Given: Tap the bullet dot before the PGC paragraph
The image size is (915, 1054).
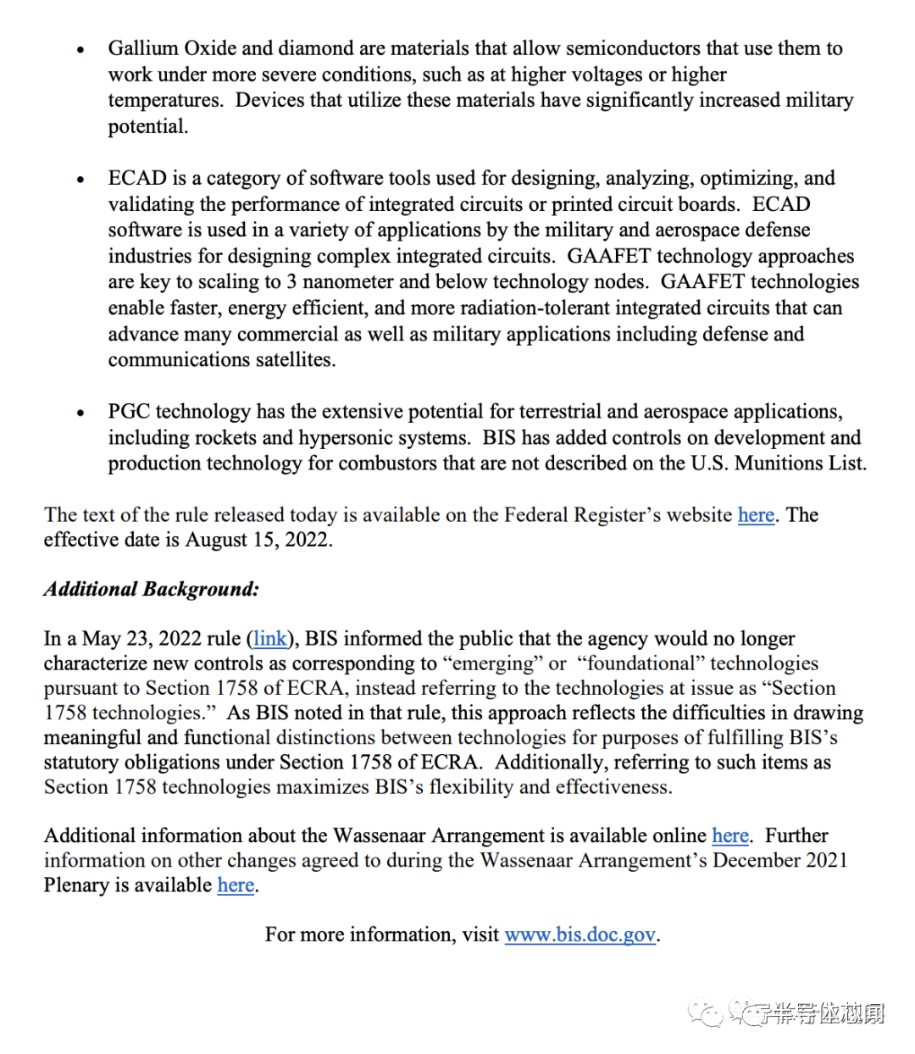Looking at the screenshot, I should (x=80, y=413).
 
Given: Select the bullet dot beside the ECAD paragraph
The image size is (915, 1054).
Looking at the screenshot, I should (x=80, y=180).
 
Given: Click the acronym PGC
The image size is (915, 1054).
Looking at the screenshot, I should (x=129, y=412).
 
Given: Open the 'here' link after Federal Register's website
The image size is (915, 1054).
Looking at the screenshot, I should (x=756, y=515).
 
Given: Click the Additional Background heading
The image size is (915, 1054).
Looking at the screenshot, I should (x=152, y=589).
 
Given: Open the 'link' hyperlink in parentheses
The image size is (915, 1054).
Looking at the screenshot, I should (x=270, y=638).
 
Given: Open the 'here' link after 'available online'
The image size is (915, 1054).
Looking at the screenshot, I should (x=729, y=835).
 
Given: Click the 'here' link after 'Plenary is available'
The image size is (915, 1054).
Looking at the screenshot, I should (x=236, y=885).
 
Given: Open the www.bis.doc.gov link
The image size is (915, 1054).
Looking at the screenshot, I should (x=580, y=935).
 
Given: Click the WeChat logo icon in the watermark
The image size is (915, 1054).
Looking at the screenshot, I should (x=707, y=1012).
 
